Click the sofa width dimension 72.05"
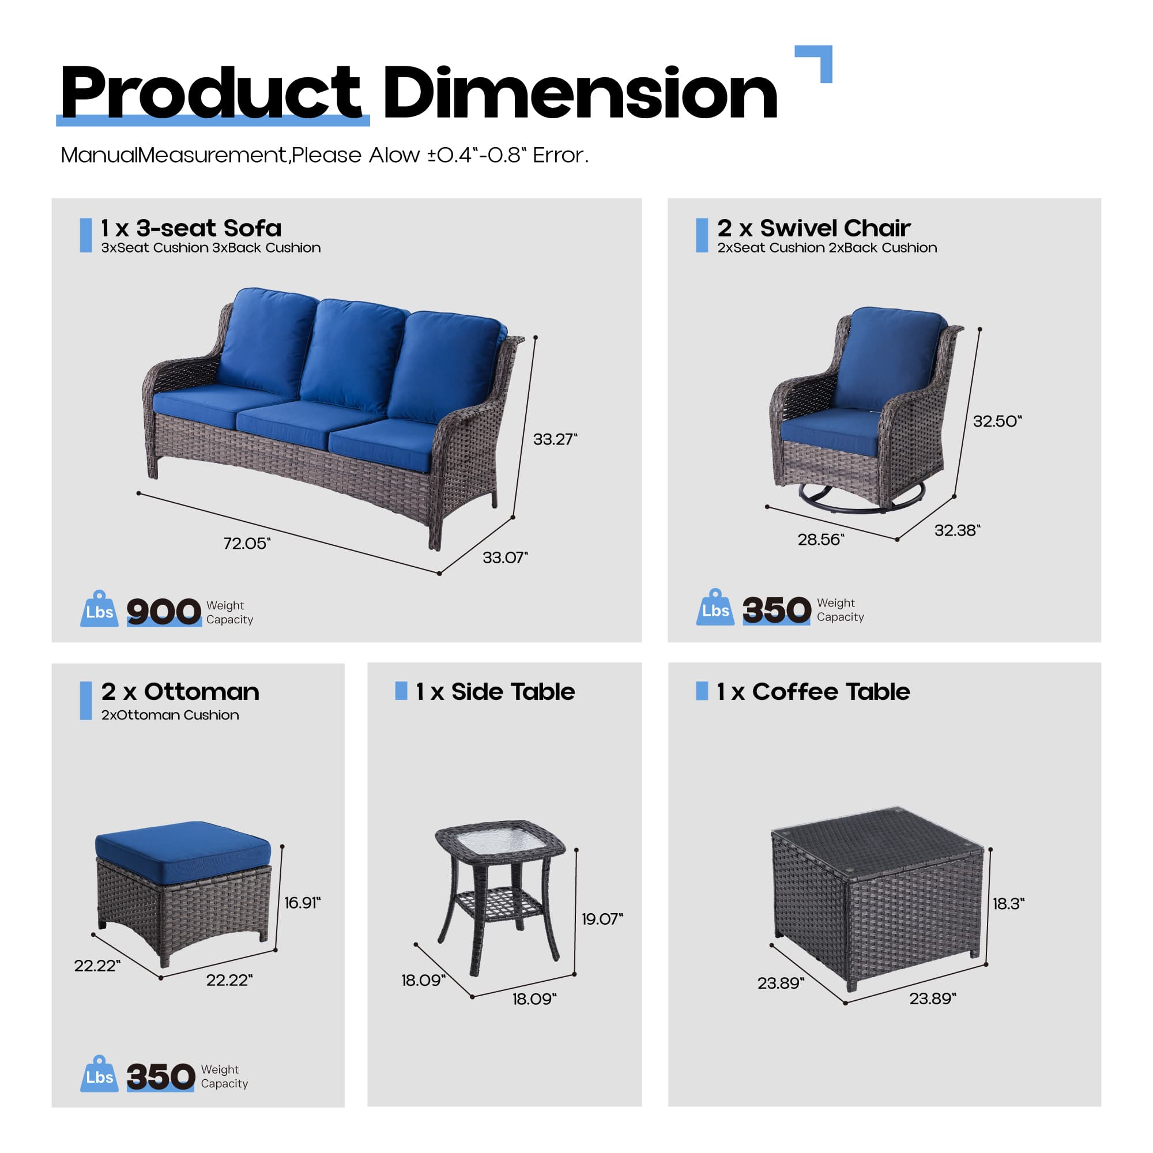tap(247, 543)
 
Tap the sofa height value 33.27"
tap(555, 439)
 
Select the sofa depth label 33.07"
tap(505, 557)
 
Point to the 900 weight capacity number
tap(164, 611)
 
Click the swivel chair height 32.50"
tap(997, 421)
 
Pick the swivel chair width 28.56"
tap(820, 540)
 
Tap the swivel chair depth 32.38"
tap(956, 530)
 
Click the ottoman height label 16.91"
tap(302, 902)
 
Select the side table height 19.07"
tap(601, 918)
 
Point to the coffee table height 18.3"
tap(1008, 903)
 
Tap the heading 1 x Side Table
tap(495, 692)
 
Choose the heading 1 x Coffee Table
tap(813, 692)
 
